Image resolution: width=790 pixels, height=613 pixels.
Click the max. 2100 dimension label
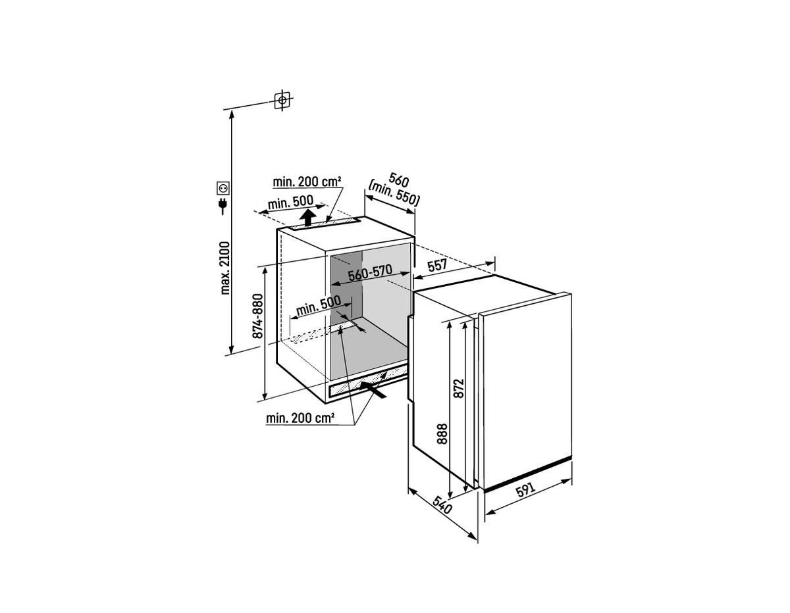point(225,268)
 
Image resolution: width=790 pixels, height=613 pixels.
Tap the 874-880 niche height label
point(257,316)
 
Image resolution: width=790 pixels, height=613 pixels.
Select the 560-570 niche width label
point(370,272)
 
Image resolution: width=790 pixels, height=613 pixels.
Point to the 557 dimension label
point(436,265)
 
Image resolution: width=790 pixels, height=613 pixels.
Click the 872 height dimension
point(460,388)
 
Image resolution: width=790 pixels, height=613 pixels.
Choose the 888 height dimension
point(442,434)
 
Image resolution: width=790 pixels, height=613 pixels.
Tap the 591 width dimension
point(525,490)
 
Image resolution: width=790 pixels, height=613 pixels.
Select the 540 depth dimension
point(442,504)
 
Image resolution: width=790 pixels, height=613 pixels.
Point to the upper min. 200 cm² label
point(307,182)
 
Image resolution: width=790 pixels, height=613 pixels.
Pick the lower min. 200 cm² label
point(300,418)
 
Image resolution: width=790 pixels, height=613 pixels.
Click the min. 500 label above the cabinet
point(290,203)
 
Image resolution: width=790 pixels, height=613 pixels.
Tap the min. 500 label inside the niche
point(318,305)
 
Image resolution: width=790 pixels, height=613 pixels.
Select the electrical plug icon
point(222,206)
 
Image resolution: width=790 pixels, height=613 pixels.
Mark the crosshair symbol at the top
point(282,99)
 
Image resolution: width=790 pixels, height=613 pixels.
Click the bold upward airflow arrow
point(308,218)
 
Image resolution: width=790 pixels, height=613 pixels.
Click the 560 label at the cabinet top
point(399,180)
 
